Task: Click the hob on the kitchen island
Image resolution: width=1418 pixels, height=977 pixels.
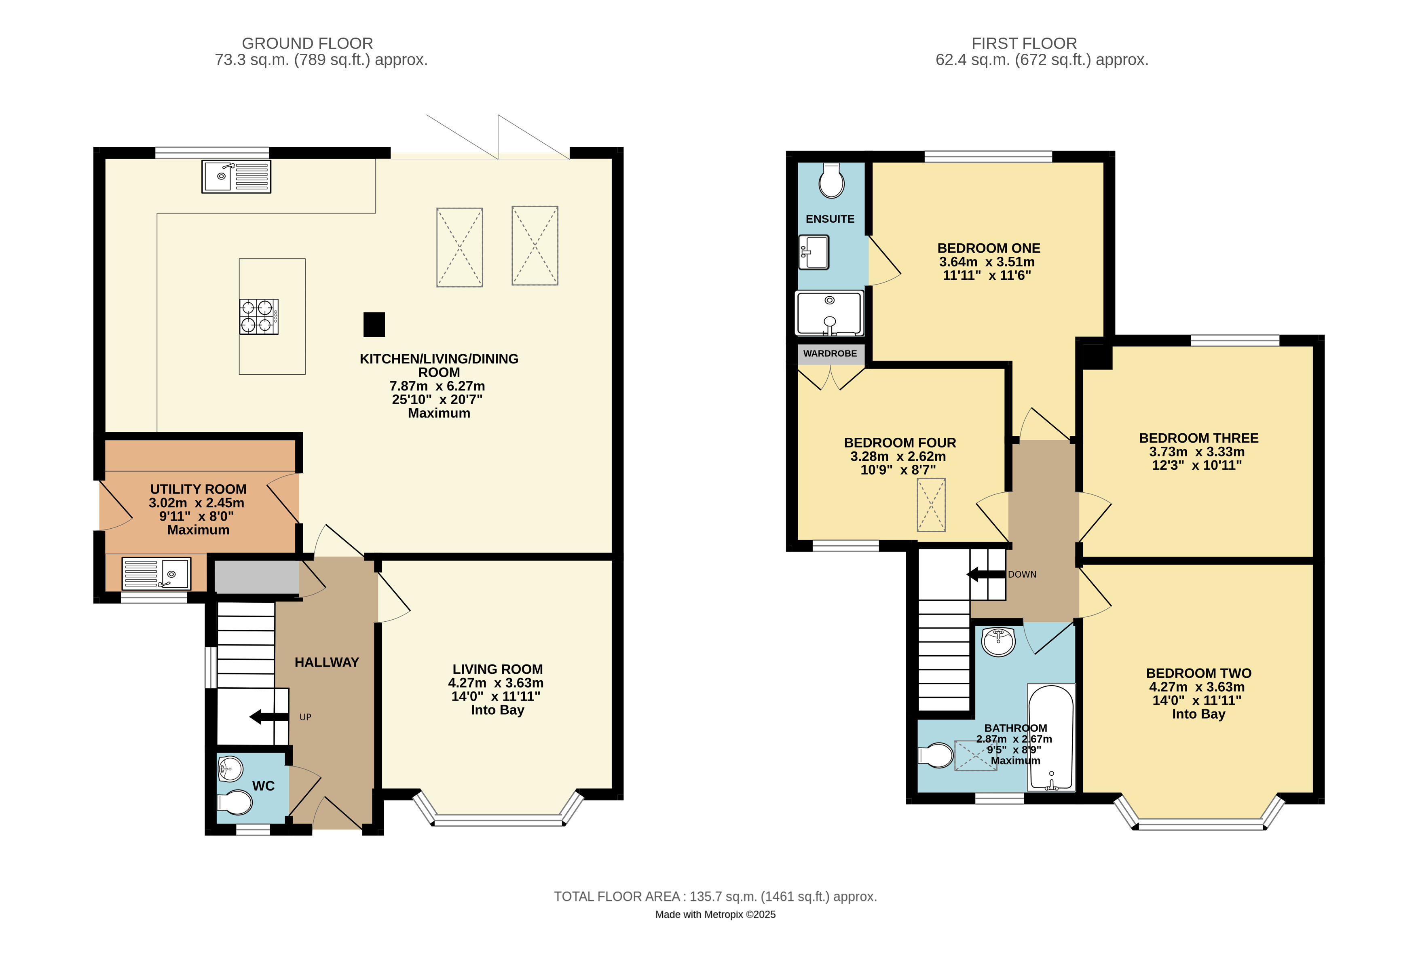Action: [x=258, y=317]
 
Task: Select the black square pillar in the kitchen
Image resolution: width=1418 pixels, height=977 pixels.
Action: [x=374, y=325]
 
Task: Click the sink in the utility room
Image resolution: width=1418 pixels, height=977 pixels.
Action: [x=156, y=574]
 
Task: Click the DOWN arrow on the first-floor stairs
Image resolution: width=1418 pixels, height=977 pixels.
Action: [x=986, y=574]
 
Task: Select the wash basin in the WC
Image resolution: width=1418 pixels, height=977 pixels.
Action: [x=230, y=768]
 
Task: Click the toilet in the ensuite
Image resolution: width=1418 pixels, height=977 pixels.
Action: [x=831, y=181]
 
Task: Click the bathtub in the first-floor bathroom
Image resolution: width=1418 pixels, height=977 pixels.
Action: [x=1051, y=737]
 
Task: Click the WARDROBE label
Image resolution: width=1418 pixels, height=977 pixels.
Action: [x=830, y=354]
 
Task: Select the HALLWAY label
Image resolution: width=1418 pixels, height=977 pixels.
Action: [x=327, y=663]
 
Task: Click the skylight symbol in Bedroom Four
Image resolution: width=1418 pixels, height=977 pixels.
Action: [x=931, y=505]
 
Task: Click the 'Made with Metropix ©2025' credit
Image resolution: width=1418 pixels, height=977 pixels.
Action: [x=715, y=915]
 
